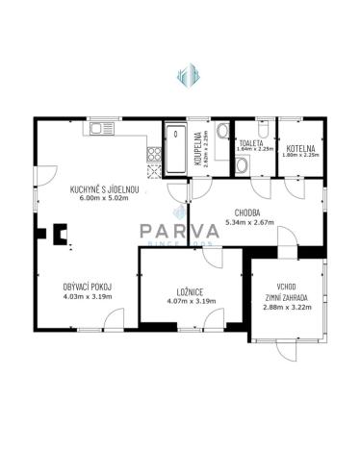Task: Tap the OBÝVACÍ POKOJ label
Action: tap(87, 287)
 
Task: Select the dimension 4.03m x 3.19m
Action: tap(87, 297)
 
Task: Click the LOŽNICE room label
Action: tap(189, 291)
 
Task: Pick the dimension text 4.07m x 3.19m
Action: tap(189, 302)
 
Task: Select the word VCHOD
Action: tap(285, 286)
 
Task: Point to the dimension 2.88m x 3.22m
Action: tap(285, 308)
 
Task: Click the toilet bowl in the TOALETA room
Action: tap(242, 163)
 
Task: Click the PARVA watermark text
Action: tap(181, 231)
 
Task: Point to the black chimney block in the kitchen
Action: tap(60, 232)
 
